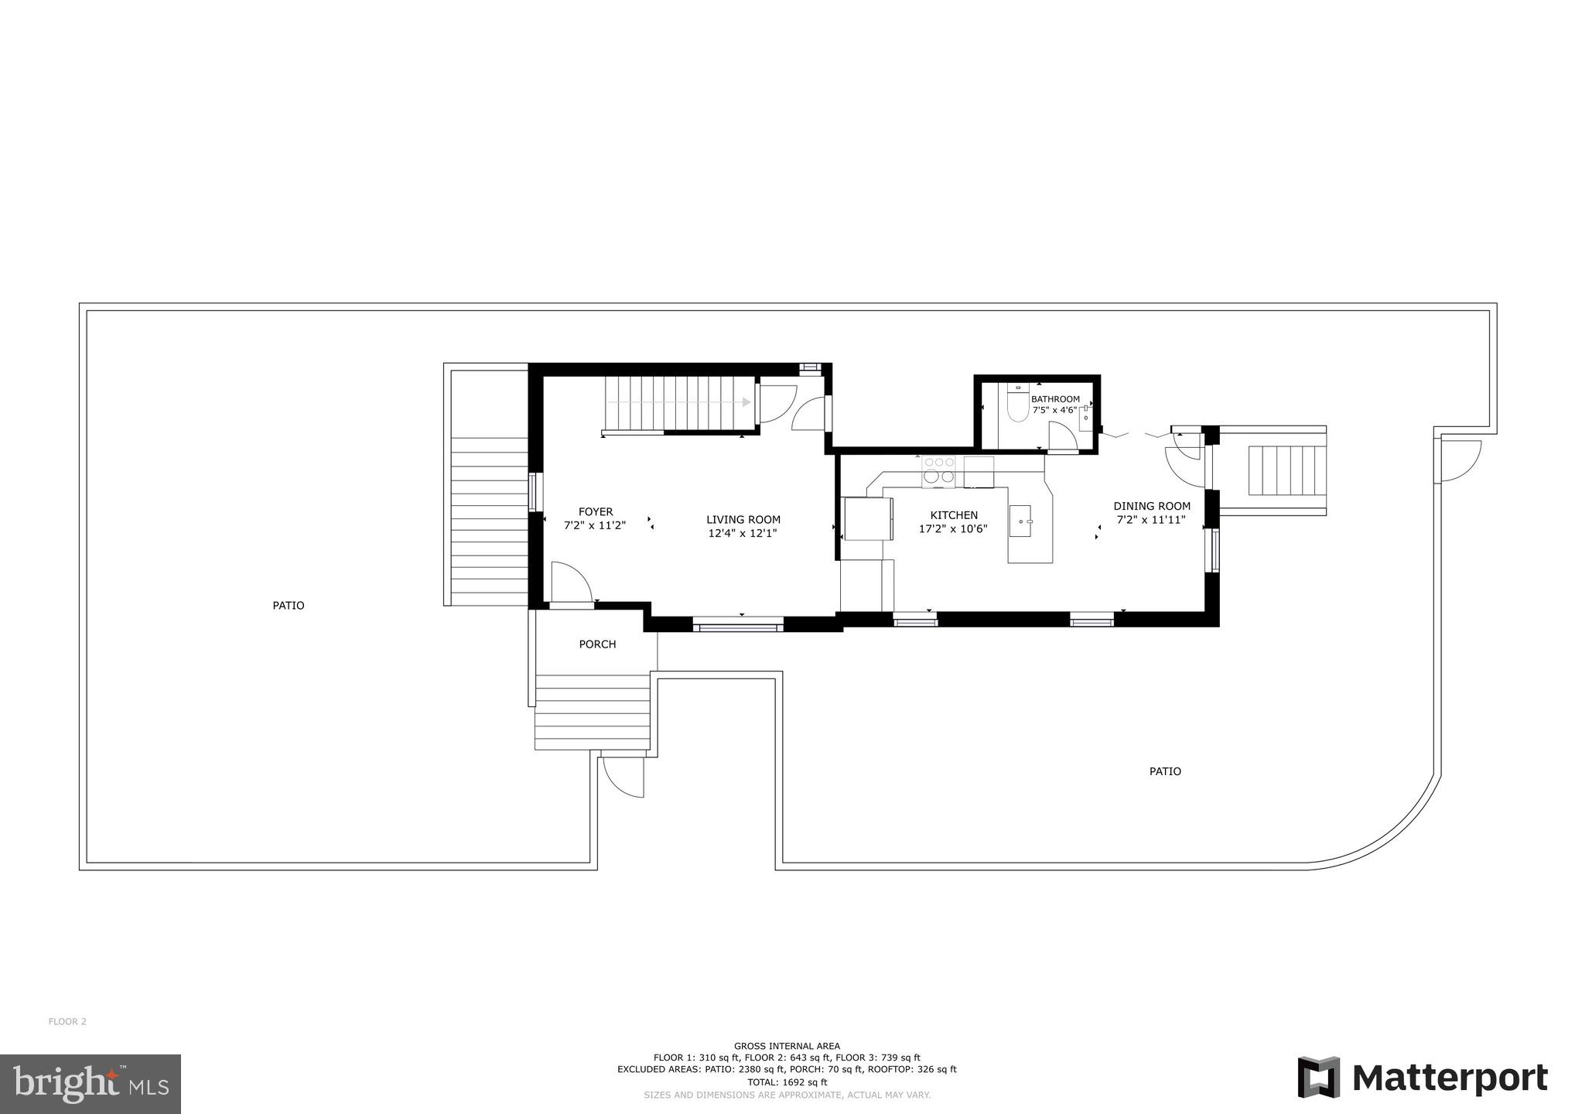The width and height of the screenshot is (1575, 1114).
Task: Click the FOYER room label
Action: [596, 511]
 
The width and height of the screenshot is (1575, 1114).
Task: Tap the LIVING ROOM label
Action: [743, 520]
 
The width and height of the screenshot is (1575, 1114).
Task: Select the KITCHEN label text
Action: [953, 515]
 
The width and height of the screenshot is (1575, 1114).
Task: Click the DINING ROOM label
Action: [1151, 507]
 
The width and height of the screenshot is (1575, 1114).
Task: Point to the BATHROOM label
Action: [1054, 399]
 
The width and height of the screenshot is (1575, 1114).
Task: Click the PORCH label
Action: [597, 644]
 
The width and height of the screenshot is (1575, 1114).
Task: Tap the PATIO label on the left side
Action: [288, 606]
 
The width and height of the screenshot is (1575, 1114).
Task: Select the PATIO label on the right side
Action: [1164, 771]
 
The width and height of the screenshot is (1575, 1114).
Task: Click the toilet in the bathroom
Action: [1018, 406]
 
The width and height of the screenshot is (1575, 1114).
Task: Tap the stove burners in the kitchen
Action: [938, 470]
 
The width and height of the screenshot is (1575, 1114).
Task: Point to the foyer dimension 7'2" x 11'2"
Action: [594, 525]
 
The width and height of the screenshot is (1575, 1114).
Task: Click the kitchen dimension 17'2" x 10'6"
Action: [952, 529]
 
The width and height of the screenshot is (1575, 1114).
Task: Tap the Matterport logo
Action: [1422, 1078]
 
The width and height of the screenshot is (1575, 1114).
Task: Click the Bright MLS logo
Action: [91, 1084]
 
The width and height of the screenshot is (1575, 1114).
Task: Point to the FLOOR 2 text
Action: [67, 1021]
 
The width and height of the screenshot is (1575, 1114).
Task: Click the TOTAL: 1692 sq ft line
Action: [787, 1082]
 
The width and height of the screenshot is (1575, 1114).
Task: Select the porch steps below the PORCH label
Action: [593, 712]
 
